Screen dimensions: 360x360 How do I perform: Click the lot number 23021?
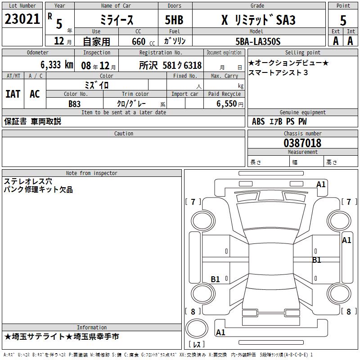pos(22,19)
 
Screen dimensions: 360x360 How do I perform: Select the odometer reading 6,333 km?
pos(57,65)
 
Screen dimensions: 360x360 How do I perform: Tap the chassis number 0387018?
pos(302,143)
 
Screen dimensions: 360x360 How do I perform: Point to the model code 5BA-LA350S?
pos(258,41)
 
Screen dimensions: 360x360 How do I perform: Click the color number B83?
pos(74,104)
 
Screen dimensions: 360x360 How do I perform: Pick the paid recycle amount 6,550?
pos(227,103)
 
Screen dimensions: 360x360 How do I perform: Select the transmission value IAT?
pos(13,94)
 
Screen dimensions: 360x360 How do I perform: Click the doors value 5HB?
pos(174,20)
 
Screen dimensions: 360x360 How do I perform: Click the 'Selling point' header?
pos(302,52)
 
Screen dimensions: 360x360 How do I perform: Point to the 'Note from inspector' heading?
pos(92,173)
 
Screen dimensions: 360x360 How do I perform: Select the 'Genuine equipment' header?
pos(302,112)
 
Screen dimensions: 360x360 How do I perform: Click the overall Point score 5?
pos(343,20)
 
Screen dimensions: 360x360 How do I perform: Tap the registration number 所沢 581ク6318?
pos(171,65)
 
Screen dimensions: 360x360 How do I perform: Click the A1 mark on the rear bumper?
pos(220,332)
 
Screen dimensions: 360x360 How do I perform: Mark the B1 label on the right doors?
pos(317,260)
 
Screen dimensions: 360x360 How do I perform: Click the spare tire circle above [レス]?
pos(197,328)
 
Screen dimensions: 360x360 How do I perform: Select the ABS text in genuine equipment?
pos(258,121)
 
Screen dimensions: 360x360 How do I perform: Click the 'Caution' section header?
pos(123,133)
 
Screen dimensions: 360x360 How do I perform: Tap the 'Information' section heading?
pos(92,328)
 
